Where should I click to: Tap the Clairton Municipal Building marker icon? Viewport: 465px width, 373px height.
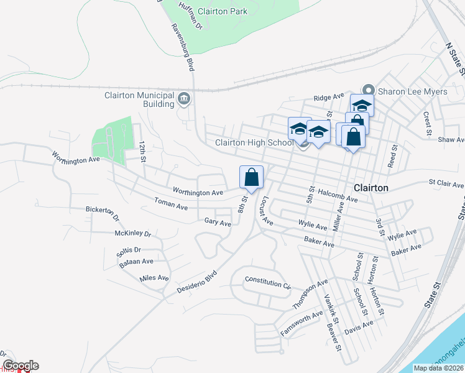point(185,98)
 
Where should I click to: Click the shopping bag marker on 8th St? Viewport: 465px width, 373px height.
point(251,177)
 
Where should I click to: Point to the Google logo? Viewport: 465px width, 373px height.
point(21,366)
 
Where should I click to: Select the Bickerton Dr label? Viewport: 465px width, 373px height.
point(102,213)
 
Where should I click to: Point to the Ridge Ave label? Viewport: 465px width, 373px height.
point(329,98)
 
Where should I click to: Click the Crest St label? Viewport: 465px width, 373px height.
point(427,123)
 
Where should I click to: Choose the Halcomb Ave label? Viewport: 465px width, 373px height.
point(338,196)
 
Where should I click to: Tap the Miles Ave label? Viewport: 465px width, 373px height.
point(155,278)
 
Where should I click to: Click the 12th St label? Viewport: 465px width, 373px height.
point(143,151)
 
